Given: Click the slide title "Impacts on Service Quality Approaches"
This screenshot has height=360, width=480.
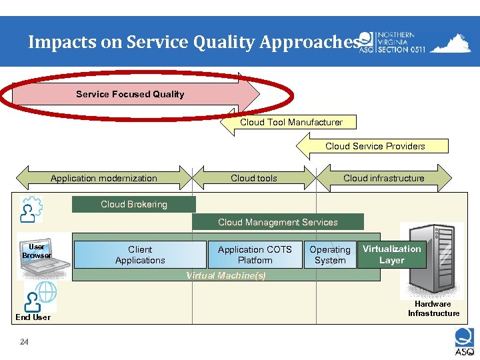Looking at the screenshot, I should [x=193, y=42].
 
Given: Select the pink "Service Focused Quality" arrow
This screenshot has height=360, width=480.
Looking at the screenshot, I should [x=131, y=94].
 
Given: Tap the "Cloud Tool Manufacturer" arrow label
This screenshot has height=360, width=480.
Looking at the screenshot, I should [x=291, y=122].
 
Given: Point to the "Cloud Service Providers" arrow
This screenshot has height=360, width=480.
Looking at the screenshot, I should [x=375, y=146].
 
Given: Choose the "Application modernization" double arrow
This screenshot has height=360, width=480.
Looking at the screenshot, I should [x=104, y=178].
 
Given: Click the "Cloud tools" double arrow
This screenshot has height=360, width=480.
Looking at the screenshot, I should [x=254, y=178].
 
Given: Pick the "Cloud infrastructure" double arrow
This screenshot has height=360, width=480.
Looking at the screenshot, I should [x=383, y=178].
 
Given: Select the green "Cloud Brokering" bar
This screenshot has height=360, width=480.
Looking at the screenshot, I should [x=134, y=204].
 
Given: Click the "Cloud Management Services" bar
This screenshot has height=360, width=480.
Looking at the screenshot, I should [x=278, y=222].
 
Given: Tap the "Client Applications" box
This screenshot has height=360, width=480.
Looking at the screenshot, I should [x=140, y=255].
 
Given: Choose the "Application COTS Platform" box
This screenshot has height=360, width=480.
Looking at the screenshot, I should [x=255, y=255].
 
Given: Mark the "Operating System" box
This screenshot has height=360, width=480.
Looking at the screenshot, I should [x=330, y=255].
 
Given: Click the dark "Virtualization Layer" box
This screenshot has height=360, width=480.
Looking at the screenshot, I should [x=391, y=254].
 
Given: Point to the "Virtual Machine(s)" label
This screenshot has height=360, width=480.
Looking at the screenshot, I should [x=225, y=275].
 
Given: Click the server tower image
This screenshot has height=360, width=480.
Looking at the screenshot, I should [x=433, y=260].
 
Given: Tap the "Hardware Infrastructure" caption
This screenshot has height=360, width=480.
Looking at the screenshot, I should [x=433, y=309].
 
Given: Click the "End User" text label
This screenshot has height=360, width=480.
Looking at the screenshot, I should [x=33, y=317].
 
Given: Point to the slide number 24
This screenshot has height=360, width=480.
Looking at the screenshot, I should [x=24, y=342].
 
